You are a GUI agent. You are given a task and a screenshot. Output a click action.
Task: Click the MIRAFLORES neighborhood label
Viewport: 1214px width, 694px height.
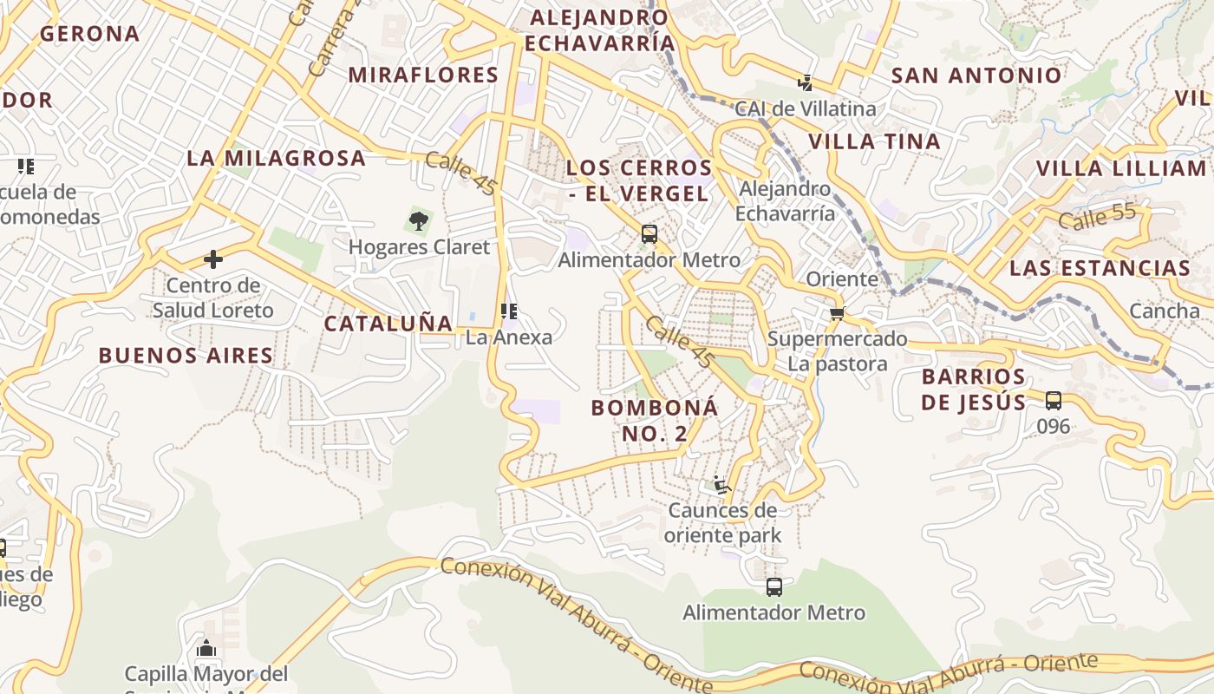pyautogui.click(x=423, y=75)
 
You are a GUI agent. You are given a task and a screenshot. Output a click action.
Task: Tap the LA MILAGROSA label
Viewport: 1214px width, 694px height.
pyautogui.click(x=276, y=159)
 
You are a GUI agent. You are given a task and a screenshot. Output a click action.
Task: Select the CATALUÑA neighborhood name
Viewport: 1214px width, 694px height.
pyautogui.click(x=388, y=324)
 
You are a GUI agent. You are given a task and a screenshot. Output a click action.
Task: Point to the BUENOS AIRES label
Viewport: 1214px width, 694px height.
pyautogui.click(x=186, y=355)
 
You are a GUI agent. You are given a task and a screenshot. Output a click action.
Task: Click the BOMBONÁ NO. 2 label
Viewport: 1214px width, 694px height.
pyautogui.click(x=655, y=420)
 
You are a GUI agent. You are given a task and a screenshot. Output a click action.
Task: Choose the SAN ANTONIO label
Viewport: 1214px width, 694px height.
pyautogui.click(x=976, y=75)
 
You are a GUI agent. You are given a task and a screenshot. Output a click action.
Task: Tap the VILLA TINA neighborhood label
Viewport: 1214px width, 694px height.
pyautogui.click(x=874, y=141)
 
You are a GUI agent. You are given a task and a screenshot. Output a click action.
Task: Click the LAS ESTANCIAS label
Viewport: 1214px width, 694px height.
pyautogui.click(x=1100, y=267)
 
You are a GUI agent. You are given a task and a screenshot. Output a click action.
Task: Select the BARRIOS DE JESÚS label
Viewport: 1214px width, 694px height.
pyautogui.click(x=973, y=390)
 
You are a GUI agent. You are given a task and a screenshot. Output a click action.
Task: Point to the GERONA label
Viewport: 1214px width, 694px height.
pyautogui.click(x=89, y=34)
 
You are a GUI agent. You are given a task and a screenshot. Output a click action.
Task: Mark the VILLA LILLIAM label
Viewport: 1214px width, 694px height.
pyautogui.click(x=1121, y=168)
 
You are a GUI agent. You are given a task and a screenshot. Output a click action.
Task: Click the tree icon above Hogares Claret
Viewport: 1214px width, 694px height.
pyautogui.click(x=419, y=220)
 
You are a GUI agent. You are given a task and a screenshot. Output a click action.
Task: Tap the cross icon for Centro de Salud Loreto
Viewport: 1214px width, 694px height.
pyautogui.click(x=212, y=259)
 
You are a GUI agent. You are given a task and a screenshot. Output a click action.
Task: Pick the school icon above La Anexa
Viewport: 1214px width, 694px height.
pyautogui.click(x=509, y=311)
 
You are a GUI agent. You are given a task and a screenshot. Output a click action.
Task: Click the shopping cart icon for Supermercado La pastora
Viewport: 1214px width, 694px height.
pyautogui.click(x=837, y=313)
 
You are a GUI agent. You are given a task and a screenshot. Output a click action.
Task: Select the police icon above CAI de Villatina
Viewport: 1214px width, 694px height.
pyautogui.click(x=806, y=83)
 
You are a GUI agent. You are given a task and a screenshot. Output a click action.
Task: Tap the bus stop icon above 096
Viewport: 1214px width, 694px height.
pyautogui.click(x=1054, y=401)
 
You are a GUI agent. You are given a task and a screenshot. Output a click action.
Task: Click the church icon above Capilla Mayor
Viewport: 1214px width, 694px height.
pyautogui.click(x=206, y=648)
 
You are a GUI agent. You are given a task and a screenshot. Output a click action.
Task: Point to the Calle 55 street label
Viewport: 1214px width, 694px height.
pyautogui.click(x=1097, y=218)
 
